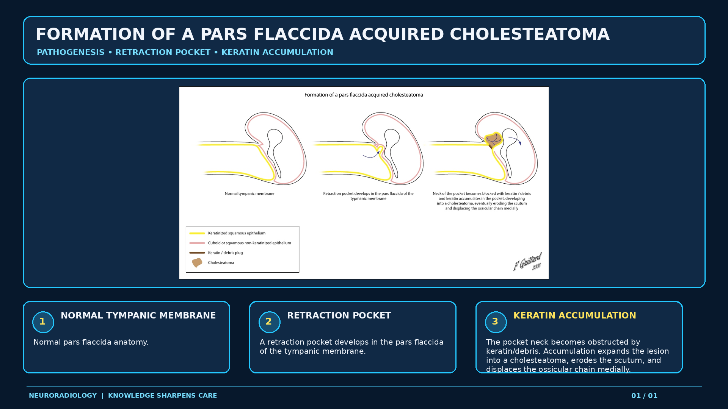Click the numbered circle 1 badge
pos(43,322)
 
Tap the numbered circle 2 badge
pos(269,322)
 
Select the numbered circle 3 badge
pos(496,322)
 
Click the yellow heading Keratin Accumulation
pos(574,315)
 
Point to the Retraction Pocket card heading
pos(339,315)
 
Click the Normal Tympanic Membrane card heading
pos(138,315)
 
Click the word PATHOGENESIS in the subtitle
pos(71,52)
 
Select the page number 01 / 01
pos(644,396)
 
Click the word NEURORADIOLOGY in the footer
pos(63,396)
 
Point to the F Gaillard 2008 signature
pos(528,262)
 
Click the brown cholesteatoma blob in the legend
pos(197,262)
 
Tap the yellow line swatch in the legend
pos(197,233)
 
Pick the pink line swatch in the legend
pos(197,243)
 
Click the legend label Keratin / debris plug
pos(225,253)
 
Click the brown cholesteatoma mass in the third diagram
pos(493,140)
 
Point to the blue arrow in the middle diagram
pos(371,155)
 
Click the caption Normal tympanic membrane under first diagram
pos(249,194)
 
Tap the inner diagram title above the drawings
pos(364,95)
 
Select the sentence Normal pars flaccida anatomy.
pos(91,342)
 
